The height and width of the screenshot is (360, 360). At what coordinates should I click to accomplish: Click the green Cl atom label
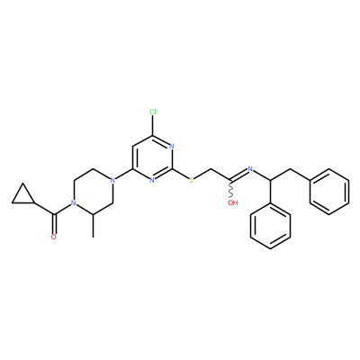click(153, 112)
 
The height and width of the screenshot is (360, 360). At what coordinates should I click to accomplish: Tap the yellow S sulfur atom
click(192, 180)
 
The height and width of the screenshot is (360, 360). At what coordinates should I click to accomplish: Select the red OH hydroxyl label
click(233, 202)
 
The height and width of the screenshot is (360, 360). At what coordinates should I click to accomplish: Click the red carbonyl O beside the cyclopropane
click(54, 237)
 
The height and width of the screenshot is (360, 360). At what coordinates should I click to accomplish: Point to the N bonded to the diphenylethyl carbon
click(250, 169)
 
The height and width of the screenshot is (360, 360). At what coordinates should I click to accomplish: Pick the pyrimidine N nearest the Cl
click(172, 147)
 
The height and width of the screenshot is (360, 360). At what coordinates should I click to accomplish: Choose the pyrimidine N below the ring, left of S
click(152, 180)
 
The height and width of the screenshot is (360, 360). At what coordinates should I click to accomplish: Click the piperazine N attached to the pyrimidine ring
click(112, 180)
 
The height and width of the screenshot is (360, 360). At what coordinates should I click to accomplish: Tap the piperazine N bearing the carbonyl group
click(73, 203)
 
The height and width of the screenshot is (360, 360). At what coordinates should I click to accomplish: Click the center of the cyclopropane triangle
click(23, 196)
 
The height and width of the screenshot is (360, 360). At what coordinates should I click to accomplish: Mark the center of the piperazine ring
click(93, 192)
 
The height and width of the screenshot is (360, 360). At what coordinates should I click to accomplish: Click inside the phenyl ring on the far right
click(329, 192)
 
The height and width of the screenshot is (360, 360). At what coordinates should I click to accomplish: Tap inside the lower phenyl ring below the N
click(270, 226)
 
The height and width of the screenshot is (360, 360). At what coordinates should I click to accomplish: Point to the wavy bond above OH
click(231, 190)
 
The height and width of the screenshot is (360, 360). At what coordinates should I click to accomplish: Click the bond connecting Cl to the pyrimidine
click(153, 126)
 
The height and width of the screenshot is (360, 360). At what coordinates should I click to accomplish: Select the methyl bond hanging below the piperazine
click(94, 226)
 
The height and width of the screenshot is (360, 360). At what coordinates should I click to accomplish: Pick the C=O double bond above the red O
click(54, 224)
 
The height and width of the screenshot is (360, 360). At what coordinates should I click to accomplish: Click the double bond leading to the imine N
click(238, 175)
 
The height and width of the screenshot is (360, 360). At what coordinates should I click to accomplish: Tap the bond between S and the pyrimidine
click(181, 175)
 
